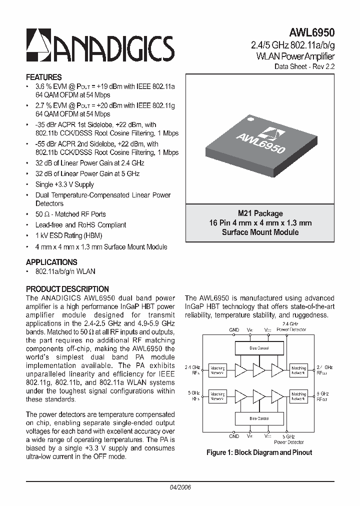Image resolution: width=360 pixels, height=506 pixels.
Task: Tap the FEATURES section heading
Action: (x=43, y=77)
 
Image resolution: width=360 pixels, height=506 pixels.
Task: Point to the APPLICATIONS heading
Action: (x=51, y=262)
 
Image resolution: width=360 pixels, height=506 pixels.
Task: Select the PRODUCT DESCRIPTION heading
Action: (x=67, y=289)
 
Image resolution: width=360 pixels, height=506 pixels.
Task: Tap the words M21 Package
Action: (x=260, y=213)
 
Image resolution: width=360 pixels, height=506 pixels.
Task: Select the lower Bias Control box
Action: (x=259, y=417)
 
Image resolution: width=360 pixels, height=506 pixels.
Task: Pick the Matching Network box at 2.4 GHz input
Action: (x=217, y=370)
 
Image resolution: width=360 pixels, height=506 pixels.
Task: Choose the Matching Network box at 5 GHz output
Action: (x=298, y=396)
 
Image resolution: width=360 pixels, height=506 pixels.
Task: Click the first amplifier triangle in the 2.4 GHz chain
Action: (x=241, y=370)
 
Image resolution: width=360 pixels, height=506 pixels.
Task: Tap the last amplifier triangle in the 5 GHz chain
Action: (x=276, y=396)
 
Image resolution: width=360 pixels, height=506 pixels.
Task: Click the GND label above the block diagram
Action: (x=234, y=330)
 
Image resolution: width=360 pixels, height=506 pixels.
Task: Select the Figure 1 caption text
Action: (x=259, y=452)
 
